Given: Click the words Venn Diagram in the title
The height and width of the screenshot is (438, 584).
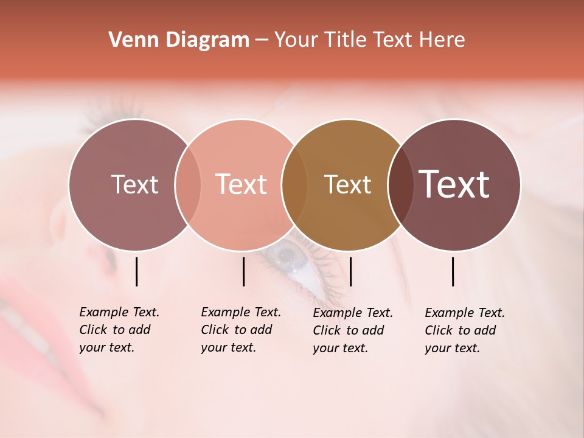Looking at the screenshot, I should (x=179, y=40).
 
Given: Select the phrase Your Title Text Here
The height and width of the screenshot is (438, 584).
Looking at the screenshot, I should (x=369, y=40).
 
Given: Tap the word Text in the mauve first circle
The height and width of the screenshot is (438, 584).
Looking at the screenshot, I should (x=134, y=184).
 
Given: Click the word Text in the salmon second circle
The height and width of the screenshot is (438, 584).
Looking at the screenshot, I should (x=241, y=184).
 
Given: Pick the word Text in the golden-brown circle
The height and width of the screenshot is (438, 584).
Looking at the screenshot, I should (x=347, y=184).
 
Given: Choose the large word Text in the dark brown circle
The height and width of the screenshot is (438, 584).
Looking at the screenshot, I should (x=454, y=184).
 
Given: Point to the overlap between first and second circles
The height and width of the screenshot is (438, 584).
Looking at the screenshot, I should (x=188, y=184).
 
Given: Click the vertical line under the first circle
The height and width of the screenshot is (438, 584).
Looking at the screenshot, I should (x=137, y=271).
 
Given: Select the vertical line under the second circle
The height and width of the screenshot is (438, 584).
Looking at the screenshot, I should (x=243, y=271).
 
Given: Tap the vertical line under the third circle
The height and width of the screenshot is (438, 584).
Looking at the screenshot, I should (x=351, y=271).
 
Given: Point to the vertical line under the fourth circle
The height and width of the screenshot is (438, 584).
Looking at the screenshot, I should (x=453, y=271).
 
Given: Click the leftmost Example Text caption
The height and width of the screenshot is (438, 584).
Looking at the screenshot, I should (x=119, y=330).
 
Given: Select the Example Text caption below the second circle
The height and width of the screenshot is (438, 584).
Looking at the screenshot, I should (x=240, y=330).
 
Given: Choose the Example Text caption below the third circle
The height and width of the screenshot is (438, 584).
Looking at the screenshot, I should (x=352, y=330).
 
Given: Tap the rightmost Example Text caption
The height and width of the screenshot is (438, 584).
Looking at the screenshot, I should (x=464, y=330).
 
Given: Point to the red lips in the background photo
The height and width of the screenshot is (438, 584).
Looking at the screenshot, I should (x=24, y=316).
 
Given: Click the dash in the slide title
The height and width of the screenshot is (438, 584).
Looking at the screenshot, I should (x=262, y=40).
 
